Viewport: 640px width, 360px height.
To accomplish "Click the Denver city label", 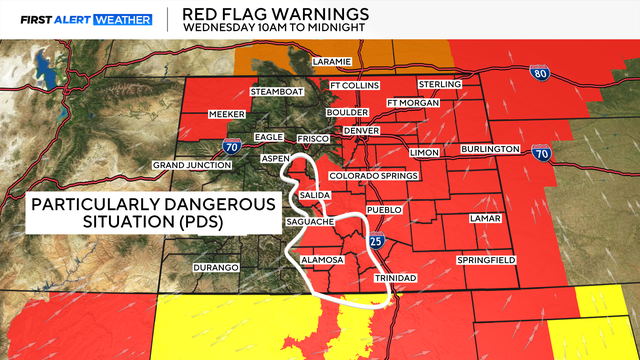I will pyautogui.click(x=363, y=131).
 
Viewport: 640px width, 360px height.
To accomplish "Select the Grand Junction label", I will pyautogui.click(x=190, y=164).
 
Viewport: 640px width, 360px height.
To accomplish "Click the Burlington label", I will pyautogui.click(x=490, y=149).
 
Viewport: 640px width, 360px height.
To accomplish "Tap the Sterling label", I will pyautogui.click(x=441, y=85).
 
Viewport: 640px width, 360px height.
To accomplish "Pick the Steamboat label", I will pyautogui.click(x=275, y=92).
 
